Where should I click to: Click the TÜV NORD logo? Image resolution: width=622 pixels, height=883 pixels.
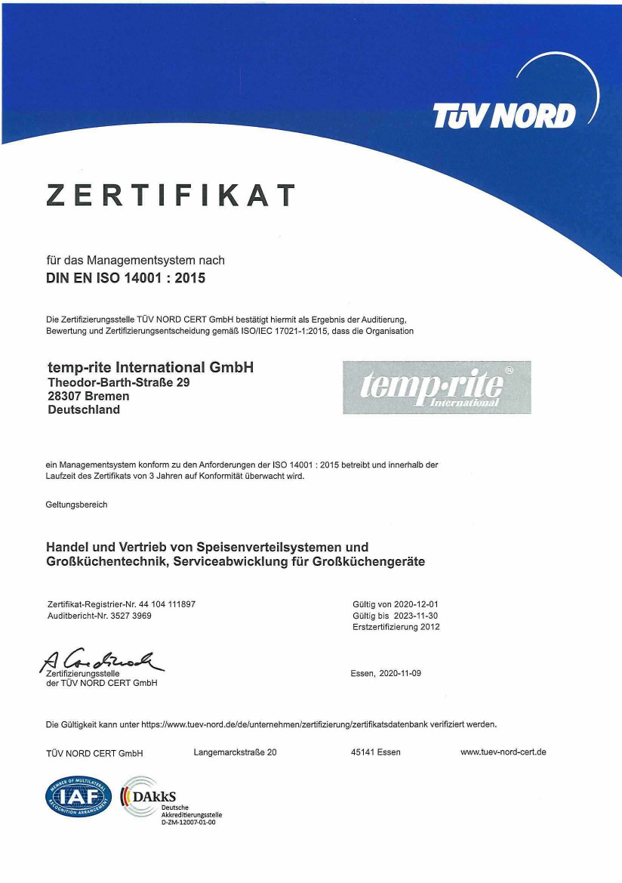[504, 116]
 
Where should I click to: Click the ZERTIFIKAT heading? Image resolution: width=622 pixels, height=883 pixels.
[170, 196]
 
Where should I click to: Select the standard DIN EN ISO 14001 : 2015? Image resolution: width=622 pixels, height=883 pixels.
[126, 277]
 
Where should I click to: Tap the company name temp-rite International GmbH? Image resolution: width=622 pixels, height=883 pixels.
[150, 368]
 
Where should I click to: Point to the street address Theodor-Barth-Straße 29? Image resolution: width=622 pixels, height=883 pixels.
[119, 383]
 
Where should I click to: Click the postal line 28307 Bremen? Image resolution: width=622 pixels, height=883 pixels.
[88, 396]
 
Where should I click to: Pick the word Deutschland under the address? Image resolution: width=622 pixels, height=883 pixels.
[84, 409]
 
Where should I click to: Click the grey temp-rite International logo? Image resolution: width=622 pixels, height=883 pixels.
[436, 387]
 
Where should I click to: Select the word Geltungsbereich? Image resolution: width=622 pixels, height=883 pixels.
[77, 505]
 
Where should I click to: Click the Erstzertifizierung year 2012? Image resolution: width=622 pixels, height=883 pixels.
[430, 627]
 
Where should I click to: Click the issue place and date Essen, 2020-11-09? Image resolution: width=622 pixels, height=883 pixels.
[386, 673]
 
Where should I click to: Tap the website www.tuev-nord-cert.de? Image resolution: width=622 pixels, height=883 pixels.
[503, 752]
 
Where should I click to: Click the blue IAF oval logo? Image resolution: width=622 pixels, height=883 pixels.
[79, 797]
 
